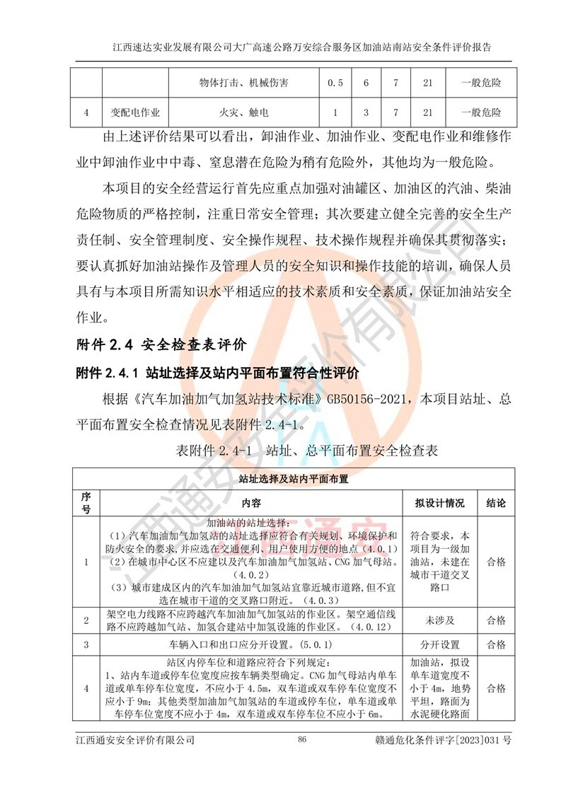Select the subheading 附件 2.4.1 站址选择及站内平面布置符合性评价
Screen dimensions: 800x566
217,372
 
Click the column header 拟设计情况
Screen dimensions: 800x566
439,504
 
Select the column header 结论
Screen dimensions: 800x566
496,504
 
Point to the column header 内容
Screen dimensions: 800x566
251,504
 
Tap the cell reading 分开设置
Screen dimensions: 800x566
439,645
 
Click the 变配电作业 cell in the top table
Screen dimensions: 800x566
135,112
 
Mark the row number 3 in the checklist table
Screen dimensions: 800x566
86,645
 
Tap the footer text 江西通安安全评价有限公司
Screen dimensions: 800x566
135,740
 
